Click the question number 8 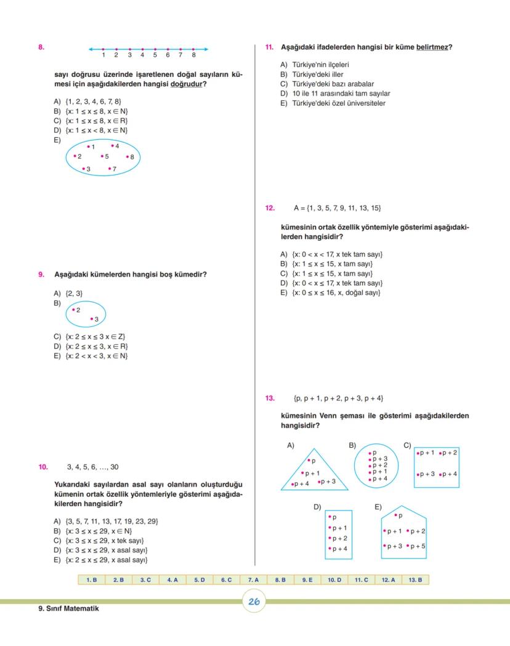(41, 47)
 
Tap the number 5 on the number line (155, 55)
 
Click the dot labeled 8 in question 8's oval (129, 157)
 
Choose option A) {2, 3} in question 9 (68, 293)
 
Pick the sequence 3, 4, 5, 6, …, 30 (92, 467)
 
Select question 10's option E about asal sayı (101, 560)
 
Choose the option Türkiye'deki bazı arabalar (327, 84)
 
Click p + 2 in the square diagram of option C (448, 453)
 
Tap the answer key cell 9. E (307, 579)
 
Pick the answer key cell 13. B (415, 579)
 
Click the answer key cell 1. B (91, 579)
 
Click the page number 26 (253, 602)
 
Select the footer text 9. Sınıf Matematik (68, 609)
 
